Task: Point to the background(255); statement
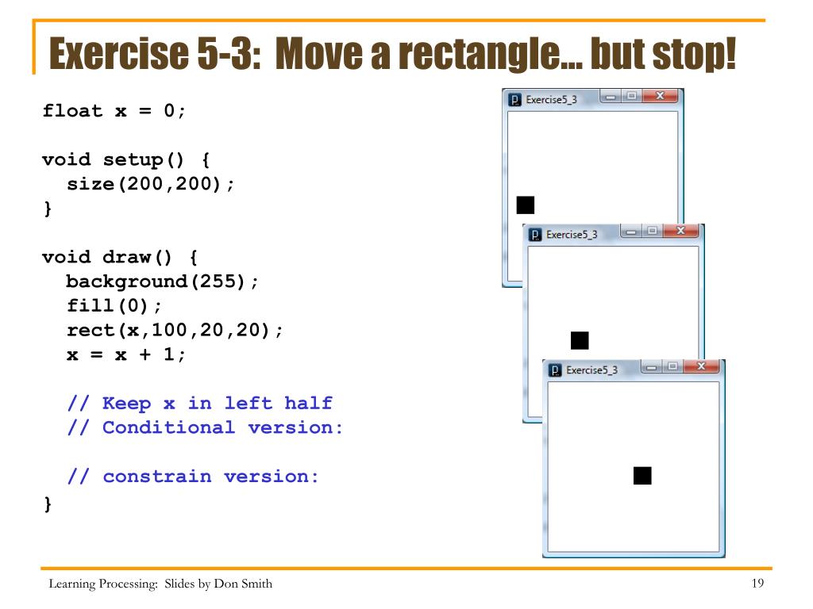point(162,282)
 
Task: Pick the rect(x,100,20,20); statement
point(174,330)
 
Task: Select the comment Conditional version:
point(204,427)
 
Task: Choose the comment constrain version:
point(193,477)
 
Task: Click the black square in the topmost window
point(525,205)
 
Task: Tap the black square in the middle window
point(580,340)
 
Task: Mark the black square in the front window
point(642,475)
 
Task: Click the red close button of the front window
point(700,367)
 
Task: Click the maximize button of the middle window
point(653,232)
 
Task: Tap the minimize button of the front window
point(653,367)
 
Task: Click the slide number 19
point(757,585)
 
